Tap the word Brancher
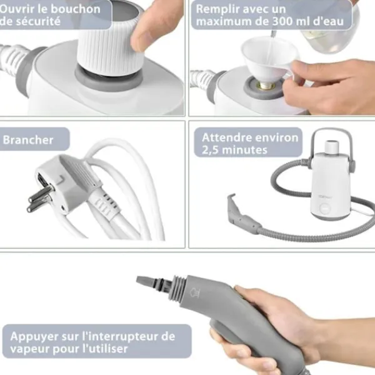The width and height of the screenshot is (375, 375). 28,139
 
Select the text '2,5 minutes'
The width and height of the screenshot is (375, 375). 234,150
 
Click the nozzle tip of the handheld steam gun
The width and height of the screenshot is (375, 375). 146,283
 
